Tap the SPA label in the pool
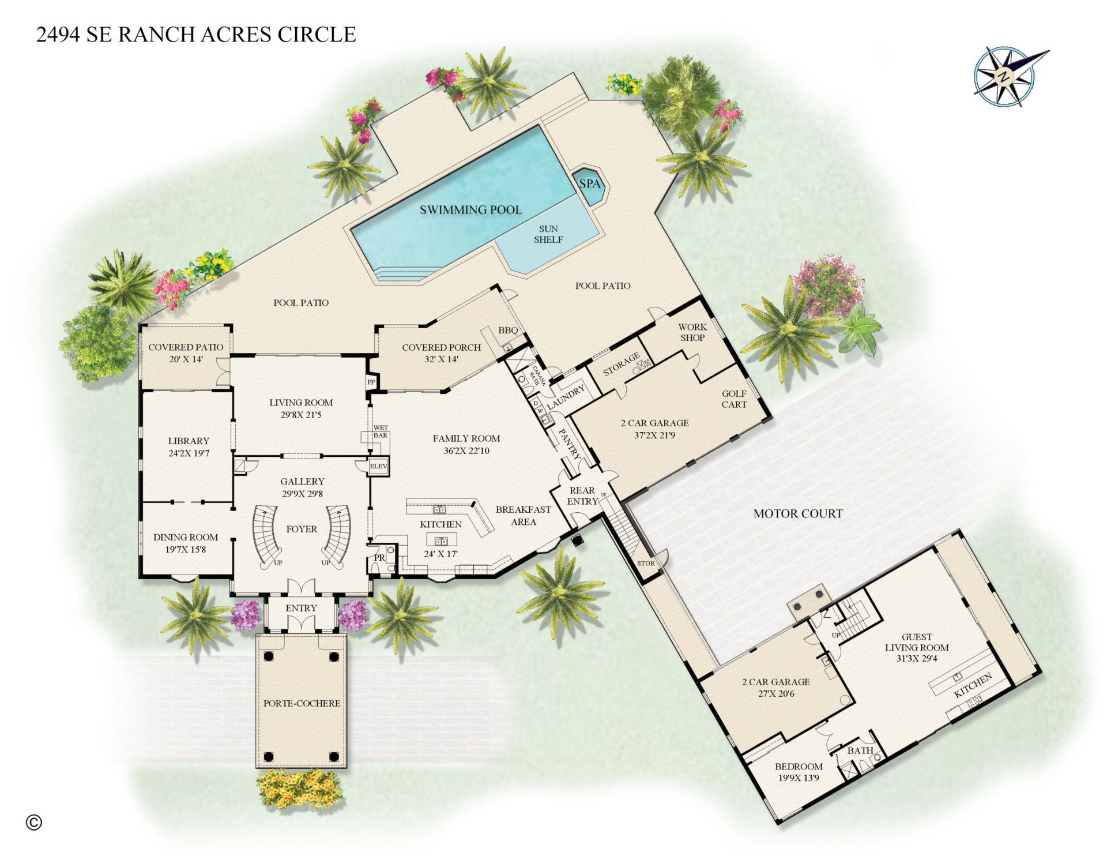click(x=590, y=184)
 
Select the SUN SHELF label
click(x=548, y=234)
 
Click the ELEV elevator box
click(x=379, y=466)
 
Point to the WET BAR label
click(x=381, y=431)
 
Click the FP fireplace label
click(x=371, y=382)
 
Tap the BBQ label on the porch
click(x=508, y=331)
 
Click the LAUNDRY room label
click(x=566, y=397)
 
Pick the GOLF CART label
click(x=734, y=399)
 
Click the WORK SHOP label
click(x=692, y=332)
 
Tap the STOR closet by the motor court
click(x=646, y=563)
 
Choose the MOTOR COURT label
click(x=798, y=513)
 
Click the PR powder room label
click(x=379, y=558)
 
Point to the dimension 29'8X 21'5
click(x=301, y=415)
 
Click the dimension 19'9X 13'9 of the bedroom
click(x=799, y=778)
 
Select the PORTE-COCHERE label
click(x=302, y=703)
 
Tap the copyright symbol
click(x=34, y=822)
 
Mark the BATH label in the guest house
click(x=860, y=750)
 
